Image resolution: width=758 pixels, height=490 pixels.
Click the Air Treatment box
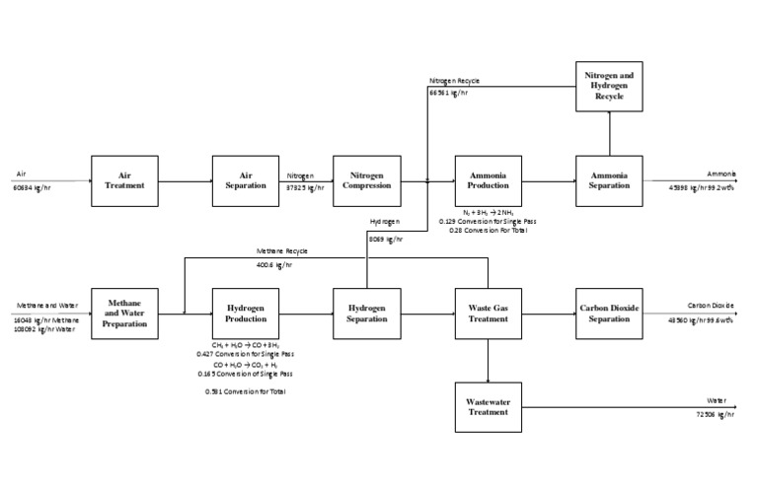(x=124, y=180)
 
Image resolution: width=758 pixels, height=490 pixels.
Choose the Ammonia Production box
(x=488, y=180)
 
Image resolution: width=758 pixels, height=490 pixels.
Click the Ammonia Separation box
(x=609, y=180)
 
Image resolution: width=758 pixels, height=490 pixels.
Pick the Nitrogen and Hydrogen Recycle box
(x=609, y=86)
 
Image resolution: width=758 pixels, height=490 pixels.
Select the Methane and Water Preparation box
(x=124, y=313)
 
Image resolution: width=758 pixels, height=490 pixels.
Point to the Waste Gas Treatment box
(x=488, y=313)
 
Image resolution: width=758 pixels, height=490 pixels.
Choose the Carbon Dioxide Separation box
(x=609, y=313)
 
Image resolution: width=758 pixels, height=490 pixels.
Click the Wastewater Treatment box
(x=488, y=406)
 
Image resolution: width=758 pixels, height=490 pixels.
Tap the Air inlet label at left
(x=21, y=174)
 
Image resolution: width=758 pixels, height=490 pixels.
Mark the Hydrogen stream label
(x=383, y=224)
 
